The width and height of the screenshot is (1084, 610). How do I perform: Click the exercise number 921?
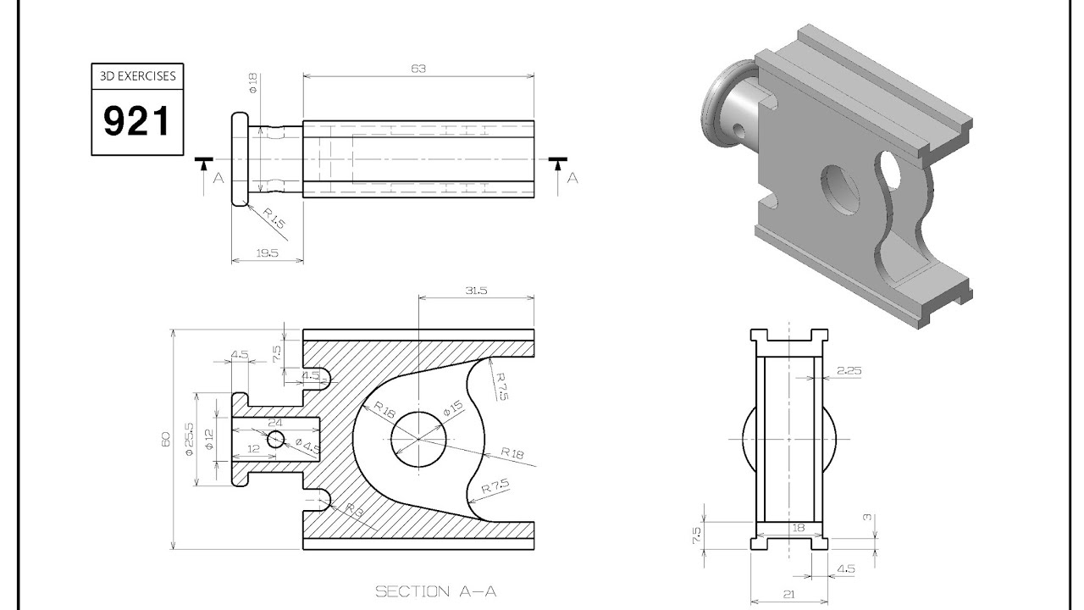[x=136, y=121]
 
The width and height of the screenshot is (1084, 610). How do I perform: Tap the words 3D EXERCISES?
[x=136, y=76]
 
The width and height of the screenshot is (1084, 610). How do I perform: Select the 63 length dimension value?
[x=418, y=69]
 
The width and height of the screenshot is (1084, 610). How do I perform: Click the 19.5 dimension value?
[x=266, y=253]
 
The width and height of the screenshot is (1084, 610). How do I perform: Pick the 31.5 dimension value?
[x=476, y=291]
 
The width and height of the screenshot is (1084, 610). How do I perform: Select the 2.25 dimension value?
[x=849, y=370]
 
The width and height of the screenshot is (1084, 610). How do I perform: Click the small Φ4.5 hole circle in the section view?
[x=276, y=440]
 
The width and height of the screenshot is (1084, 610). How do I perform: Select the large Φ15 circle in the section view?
[x=418, y=439]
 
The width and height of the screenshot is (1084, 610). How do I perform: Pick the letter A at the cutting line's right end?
[x=572, y=178]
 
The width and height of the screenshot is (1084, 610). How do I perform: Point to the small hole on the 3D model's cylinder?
[x=739, y=130]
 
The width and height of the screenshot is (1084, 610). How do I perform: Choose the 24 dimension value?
[x=274, y=421]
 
